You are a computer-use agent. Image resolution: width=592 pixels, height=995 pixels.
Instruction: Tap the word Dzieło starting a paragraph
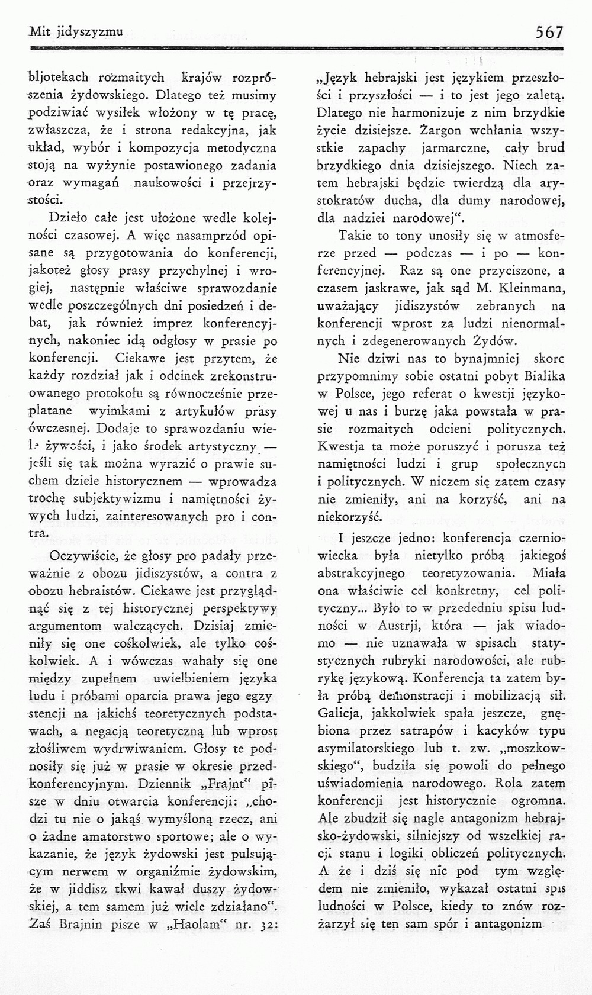68,219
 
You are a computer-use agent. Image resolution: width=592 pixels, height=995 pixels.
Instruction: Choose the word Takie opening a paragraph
353,236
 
